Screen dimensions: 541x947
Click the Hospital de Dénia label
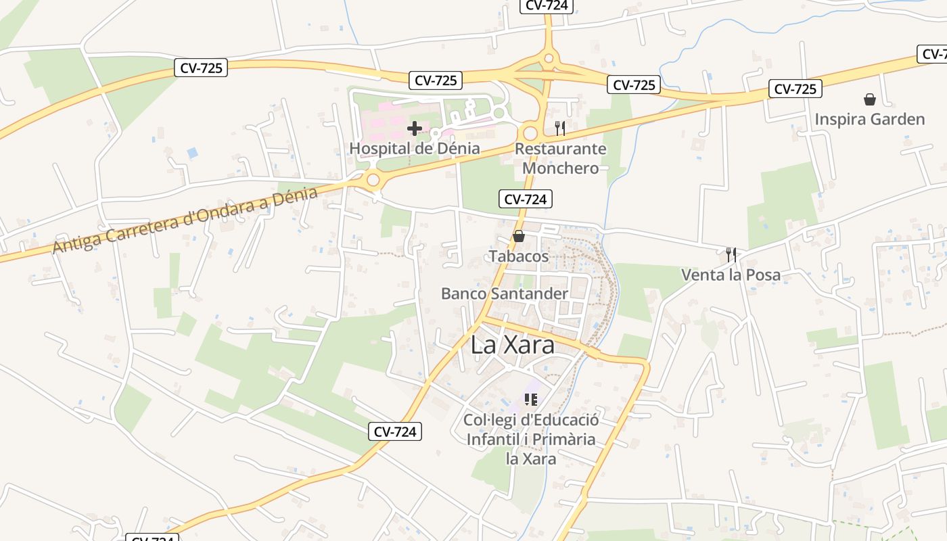pyautogui.click(x=415, y=148)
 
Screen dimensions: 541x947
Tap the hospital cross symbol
pyautogui.click(x=415, y=128)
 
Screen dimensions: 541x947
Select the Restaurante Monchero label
pyautogui.click(x=561, y=158)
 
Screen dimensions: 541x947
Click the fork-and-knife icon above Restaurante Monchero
pyautogui.click(x=559, y=128)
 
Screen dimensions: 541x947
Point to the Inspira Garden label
pyautogui.click(x=869, y=120)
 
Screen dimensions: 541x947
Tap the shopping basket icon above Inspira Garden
pyautogui.click(x=870, y=100)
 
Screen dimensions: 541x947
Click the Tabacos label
pyautogui.click(x=519, y=256)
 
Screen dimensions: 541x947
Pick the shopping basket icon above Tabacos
pyautogui.click(x=519, y=236)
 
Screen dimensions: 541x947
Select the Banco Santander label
pyautogui.click(x=505, y=293)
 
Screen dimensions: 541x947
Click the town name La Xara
pyautogui.click(x=513, y=345)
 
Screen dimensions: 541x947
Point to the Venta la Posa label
pyautogui.click(x=731, y=275)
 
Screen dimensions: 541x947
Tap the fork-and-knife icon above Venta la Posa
pyautogui.click(x=731, y=254)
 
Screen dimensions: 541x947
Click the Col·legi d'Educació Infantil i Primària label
pyautogui.click(x=531, y=439)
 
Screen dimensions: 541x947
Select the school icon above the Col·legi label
pyautogui.click(x=531, y=400)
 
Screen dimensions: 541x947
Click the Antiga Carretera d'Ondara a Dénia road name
pyautogui.click(x=185, y=220)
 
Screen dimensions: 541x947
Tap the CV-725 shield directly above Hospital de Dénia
pyautogui.click(x=436, y=80)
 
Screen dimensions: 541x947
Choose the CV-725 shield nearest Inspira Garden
pyautogui.click(x=795, y=89)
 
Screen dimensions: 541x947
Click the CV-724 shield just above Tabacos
pyautogui.click(x=526, y=199)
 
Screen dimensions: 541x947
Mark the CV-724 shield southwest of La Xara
pyautogui.click(x=395, y=431)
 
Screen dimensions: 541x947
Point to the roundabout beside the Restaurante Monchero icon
pyautogui.click(x=530, y=133)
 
